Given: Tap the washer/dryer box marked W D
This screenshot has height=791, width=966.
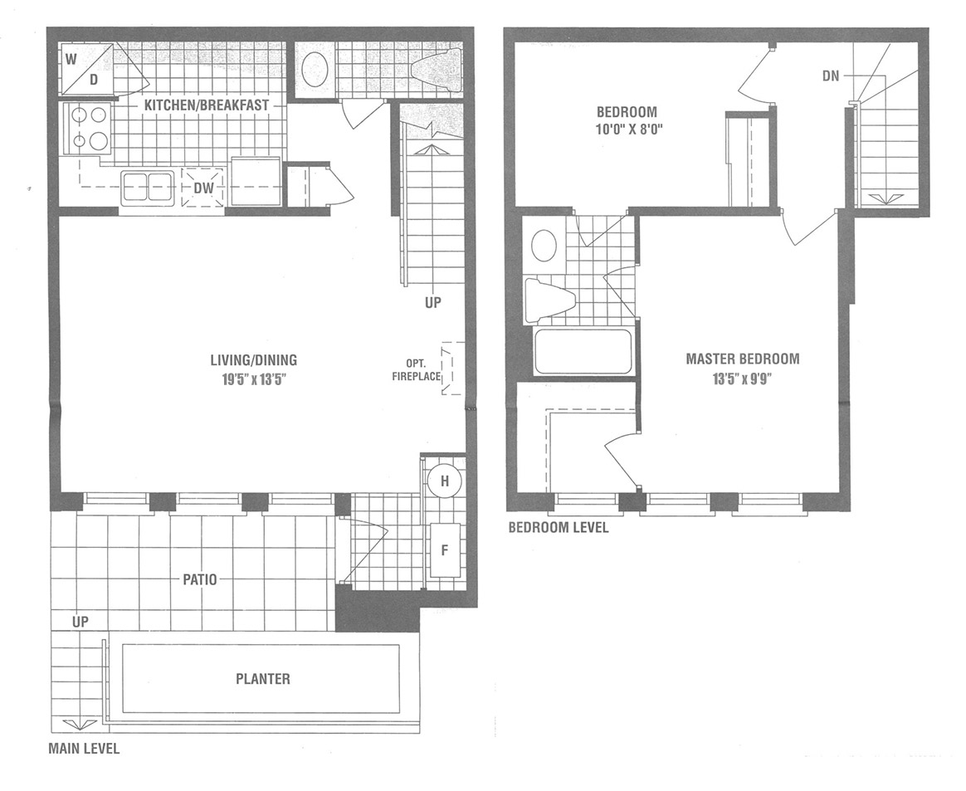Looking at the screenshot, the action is pos(86,68).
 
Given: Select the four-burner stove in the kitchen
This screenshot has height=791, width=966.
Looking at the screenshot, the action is pos(86,129).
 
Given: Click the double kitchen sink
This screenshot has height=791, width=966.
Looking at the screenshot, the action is pos(147,188).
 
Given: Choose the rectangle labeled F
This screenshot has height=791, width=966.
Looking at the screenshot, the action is pos(444,549).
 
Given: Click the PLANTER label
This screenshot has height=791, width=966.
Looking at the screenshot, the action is pos(263,679).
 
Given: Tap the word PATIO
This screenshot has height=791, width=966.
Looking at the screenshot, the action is pos(199,579).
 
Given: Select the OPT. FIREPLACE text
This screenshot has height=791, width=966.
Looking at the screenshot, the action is pos(416,369).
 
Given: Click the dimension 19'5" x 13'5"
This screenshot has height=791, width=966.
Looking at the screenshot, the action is pos(254,379).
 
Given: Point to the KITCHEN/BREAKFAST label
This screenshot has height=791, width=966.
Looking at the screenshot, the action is pos(207,105).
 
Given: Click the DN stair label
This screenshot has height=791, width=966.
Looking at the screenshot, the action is pos(831,76).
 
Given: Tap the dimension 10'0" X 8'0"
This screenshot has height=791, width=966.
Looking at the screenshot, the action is pos(627,129).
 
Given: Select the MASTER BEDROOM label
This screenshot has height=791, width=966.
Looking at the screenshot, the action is pos(743,359).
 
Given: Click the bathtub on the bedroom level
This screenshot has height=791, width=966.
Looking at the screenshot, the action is pos(583,352).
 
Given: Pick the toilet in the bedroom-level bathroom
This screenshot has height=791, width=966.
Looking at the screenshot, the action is pos(549,300).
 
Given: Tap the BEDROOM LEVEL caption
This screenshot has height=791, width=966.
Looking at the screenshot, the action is pos(559,527).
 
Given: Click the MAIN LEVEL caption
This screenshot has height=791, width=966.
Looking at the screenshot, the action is pos(84,749).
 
